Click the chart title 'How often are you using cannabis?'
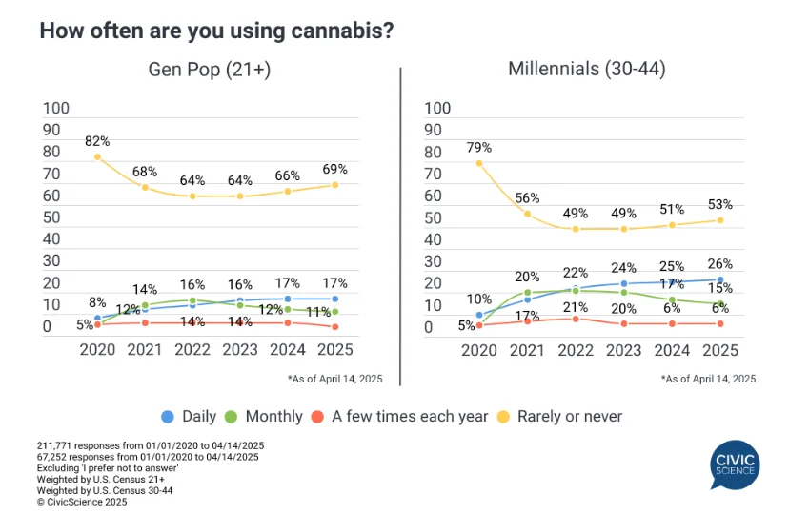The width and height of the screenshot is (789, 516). pos(216,30)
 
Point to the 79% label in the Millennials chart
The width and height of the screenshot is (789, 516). pos(478,147)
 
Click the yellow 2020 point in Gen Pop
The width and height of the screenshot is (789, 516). pos(97,156)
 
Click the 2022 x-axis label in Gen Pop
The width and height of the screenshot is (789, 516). pos(192,349)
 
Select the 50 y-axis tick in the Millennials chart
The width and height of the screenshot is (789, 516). pos(435,217)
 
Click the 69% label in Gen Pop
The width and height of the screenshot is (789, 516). pos(335,168)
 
